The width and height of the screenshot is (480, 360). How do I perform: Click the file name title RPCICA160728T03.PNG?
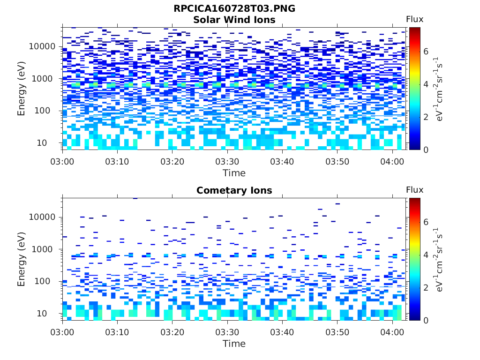point(234,8)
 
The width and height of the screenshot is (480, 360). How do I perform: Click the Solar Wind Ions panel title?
point(234,20)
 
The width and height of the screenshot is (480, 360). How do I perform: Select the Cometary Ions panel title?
point(234,190)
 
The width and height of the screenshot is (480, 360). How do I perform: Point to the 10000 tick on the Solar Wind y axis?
point(42,46)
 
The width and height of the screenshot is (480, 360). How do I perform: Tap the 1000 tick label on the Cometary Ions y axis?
point(45,249)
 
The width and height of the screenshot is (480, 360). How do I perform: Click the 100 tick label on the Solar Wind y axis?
point(47,111)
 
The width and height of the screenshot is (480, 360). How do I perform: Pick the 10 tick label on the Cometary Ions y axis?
point(49,313)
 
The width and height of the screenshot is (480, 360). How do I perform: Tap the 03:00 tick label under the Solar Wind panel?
point(62,161)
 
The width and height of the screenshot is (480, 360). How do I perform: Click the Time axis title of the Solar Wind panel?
point(234,173)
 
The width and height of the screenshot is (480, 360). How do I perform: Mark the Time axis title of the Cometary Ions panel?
point(234,344)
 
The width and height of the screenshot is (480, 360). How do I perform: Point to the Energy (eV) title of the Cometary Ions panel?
point(22,259)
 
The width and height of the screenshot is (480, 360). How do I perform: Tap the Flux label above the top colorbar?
point(414,19)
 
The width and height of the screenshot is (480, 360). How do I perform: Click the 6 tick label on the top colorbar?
point(426,51)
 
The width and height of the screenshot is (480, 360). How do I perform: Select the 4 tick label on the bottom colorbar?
point(426,255)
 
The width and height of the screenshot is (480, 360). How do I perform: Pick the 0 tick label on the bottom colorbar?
point(426,320)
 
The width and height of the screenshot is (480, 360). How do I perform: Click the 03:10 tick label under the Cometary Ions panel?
point(117,332)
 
